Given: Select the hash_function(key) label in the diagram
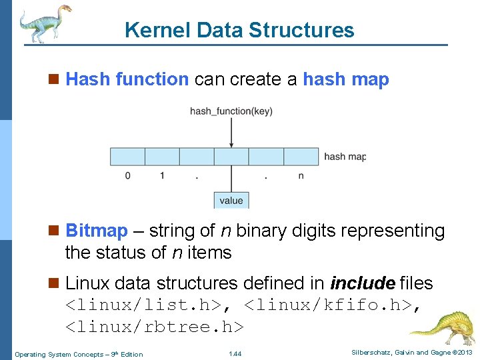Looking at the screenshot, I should pyautogui.click(x=231, y=111).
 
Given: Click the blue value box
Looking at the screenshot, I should pyautogui.click(x=231, y=200).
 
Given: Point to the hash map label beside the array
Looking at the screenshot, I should pyautogui.click(x=345, y=157).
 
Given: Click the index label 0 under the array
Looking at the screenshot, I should pyautogui.click(x=127, y=176).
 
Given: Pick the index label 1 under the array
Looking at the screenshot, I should pyautogui.click(x=162, y=176).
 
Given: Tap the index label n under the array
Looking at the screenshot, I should pyautogui.click(x=301, y=176).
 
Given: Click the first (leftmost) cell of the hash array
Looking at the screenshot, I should pyautogui.click(x=127, y=157).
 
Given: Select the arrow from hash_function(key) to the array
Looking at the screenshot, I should pyautogui.click(x=231, y=133).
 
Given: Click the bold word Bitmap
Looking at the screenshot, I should pyautogui.click(x=97, y=231).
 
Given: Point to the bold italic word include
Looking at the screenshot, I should pyautogui.click(x=362, y=283).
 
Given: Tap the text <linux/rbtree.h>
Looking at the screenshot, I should pyautogui.click(x=155, y=327).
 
